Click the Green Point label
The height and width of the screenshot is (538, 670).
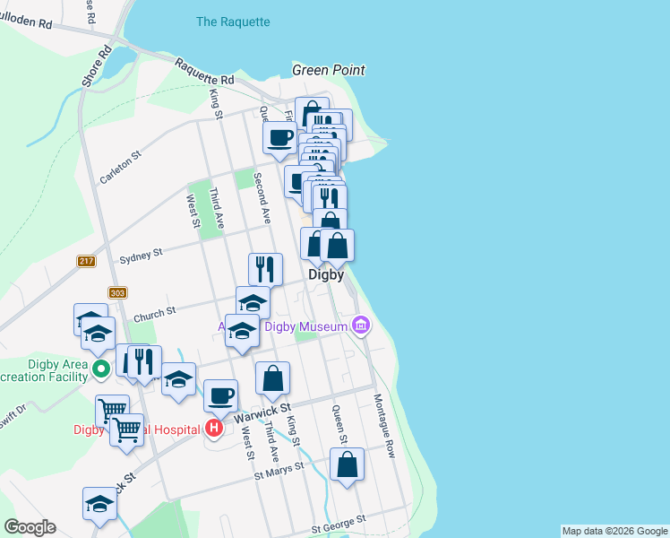[x=329, y=70]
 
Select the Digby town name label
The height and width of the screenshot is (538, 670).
[x=326, y=275]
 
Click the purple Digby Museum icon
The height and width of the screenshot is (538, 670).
[x=361, y=325]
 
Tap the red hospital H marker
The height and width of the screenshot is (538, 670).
[x=213, y=429]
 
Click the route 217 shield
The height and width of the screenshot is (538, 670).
[x=86, y=261]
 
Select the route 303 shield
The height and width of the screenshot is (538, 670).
[x=116, y=292]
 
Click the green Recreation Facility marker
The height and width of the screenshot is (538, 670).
[x=102, y=368]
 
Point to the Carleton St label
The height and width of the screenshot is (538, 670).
[x=121, y=167]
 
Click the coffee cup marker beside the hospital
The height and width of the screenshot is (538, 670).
[x=220, y=395]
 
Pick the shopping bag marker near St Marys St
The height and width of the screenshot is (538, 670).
[x=347, y=464]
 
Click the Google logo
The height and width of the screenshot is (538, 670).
[x=30, y=527]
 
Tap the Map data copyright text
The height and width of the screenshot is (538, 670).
[x=614, y=531]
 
